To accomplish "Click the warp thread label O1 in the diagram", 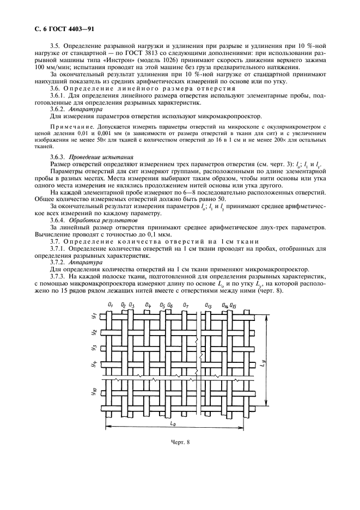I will [111, 304].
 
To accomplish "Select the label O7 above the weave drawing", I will [186, 305].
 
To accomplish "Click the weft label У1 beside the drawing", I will [94, 316].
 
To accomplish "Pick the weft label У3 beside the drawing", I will [94, 347].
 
